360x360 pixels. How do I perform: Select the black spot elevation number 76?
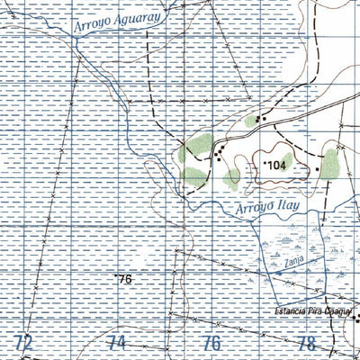(x=125, y=279)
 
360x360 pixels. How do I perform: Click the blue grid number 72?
(x=24, y=343)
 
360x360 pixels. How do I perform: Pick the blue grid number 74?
(x=117, y=343)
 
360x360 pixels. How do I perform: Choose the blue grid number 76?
(x=212, y=343)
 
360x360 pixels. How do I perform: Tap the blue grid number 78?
(x=307, y=343)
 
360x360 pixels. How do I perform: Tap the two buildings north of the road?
(x=261, y=119)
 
